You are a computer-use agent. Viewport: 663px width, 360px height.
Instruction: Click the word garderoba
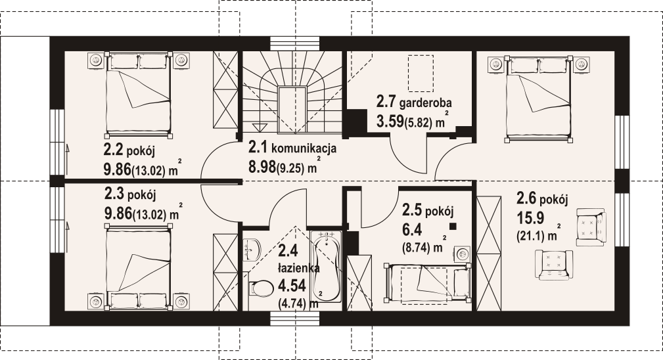(425, 102)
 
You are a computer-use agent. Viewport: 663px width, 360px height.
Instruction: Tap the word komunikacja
(304, 148)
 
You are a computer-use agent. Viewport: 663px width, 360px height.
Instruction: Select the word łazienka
(298, 268)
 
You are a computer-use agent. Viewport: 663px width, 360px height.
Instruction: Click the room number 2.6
(527, 198)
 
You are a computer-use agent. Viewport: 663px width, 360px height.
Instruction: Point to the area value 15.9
(530, 218)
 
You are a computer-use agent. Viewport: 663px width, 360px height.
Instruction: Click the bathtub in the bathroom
(325, 266)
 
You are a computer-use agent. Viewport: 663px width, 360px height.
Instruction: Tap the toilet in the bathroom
(259, 290)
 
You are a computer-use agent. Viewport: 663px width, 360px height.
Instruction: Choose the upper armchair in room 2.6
(591, 227)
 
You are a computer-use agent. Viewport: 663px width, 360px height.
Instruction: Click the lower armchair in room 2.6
(554, 265)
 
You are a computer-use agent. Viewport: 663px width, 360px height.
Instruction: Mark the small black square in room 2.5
(453, 227)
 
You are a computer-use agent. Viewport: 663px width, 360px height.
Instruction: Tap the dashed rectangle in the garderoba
(421, 74)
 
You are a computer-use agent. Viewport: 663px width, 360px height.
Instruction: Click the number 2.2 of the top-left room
(113, 149)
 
